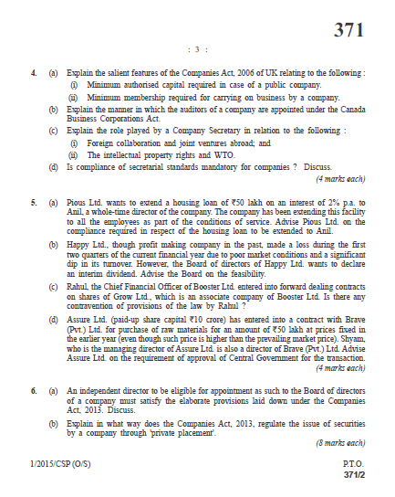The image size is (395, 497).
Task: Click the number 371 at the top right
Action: pyautogui.click(x=348, y=30)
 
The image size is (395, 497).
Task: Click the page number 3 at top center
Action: pyautogui.click(x=196, y=50)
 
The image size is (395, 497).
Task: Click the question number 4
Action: pyautogui.click(x=34, y=71)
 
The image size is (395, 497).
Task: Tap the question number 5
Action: pyautogui.click(x=34, y=200)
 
